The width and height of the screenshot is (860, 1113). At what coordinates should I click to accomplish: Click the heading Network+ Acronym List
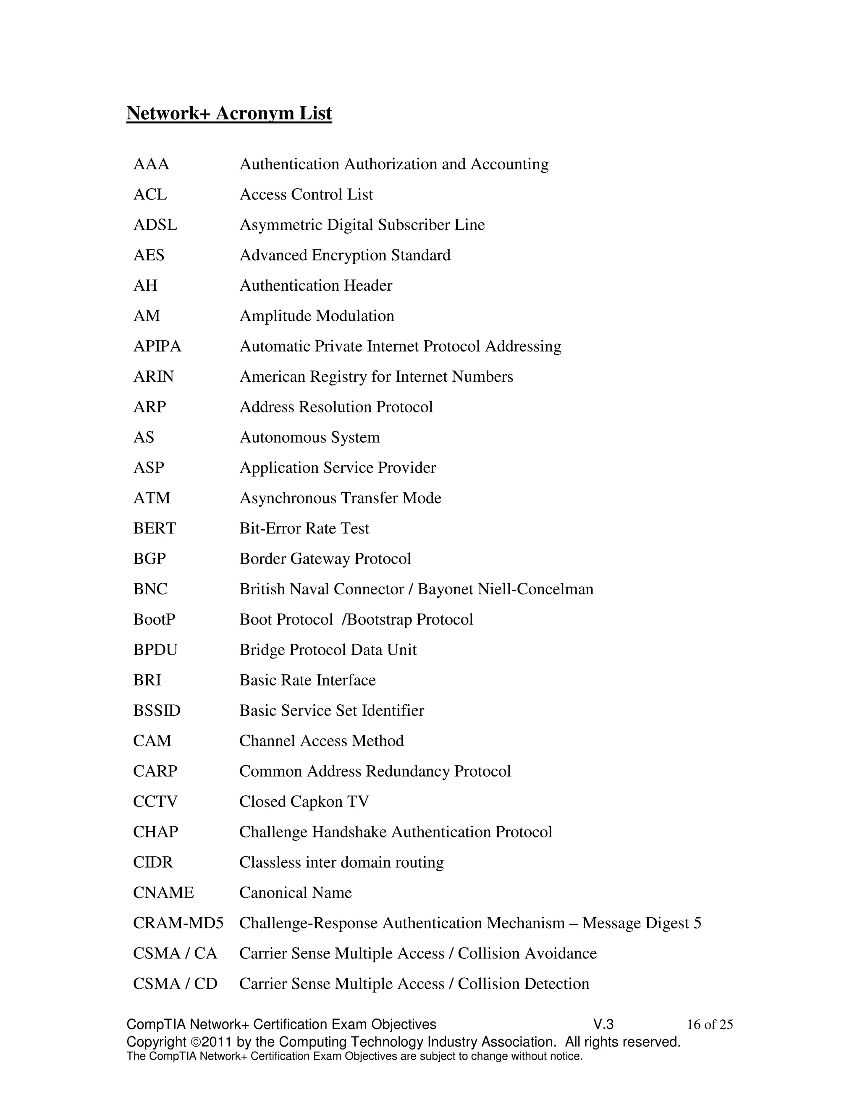click(229, 113)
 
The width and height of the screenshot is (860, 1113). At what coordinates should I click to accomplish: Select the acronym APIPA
click(157, 346)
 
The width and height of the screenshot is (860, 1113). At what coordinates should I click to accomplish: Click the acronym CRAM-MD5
click(178, 923)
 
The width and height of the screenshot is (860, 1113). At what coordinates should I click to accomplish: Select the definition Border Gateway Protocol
click(325, 559)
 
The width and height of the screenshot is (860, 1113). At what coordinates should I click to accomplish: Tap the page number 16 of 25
click(709, 1025)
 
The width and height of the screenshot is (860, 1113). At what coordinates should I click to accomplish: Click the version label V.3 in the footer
click(603, 1025)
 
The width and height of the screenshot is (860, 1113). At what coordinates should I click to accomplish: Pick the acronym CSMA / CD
click(175, 984)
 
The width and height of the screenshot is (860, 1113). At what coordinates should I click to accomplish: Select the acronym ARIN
click(153, 377)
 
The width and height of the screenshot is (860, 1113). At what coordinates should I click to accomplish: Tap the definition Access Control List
click(306, 195)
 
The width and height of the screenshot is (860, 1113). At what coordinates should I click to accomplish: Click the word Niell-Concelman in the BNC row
click(535, 589)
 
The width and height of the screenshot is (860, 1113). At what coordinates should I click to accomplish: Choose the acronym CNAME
click(163, 892)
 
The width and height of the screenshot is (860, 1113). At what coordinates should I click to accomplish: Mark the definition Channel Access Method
click(322, 741)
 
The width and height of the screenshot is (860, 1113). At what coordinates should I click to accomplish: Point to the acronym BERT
click(155, 528)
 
